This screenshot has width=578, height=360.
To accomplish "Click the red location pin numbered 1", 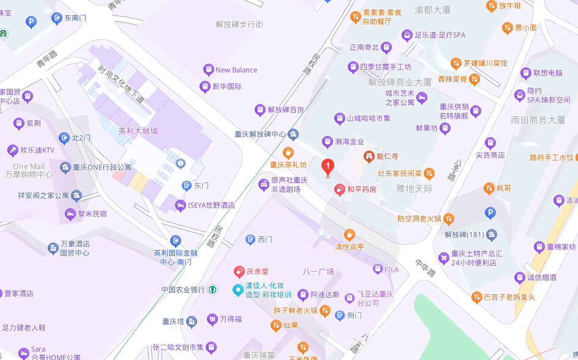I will (x=328, y=167).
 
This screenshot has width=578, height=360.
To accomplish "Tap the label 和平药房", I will (x=361, y=190).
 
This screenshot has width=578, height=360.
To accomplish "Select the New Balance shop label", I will (x=236, y=70).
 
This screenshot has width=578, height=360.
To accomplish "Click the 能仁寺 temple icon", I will (x=369, y=157).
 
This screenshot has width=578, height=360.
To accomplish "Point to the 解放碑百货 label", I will (x=285, y=110).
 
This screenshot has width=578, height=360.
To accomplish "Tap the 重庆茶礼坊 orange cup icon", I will (x=288, y=152).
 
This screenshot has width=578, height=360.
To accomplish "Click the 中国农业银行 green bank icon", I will (x=212, y=290).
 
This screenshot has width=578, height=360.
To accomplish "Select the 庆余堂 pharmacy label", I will (x=257, y=271).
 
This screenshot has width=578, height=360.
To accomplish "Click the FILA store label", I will (x=391, y=269).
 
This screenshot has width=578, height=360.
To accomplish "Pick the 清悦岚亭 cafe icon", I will (x=349, y=234).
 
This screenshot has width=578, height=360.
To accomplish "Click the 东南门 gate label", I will (x=75, y=18).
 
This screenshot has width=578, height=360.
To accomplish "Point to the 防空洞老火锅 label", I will (x=419, y=218).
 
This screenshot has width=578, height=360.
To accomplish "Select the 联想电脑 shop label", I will (x=547, y=73).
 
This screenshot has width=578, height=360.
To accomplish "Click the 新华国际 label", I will (x=227, y=86).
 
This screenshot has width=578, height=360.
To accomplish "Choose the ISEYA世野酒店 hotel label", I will (x=211, y=205).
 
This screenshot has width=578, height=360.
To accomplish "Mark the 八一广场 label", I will (x=318, y=271).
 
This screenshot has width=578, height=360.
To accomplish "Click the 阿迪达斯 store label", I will (x=325, y=294).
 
